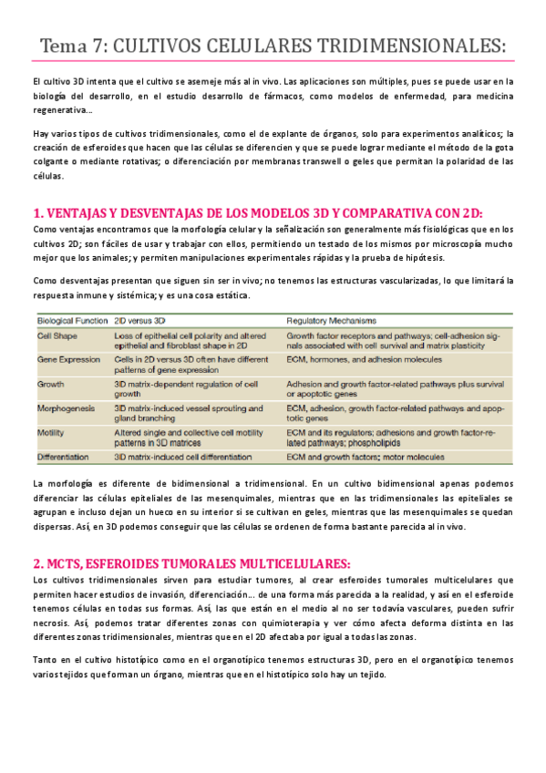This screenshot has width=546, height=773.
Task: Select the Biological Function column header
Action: pos(70,322)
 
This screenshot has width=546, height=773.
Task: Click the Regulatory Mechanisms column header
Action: pos(333,322)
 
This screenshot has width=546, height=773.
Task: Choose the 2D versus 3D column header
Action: pos(139,322)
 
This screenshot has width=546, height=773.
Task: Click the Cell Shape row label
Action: pos(57,335)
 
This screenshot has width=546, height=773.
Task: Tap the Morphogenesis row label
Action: pos(66,407)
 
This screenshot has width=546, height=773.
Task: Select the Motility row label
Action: pos(50,431)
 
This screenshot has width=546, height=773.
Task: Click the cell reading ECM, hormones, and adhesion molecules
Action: pos(355,360)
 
